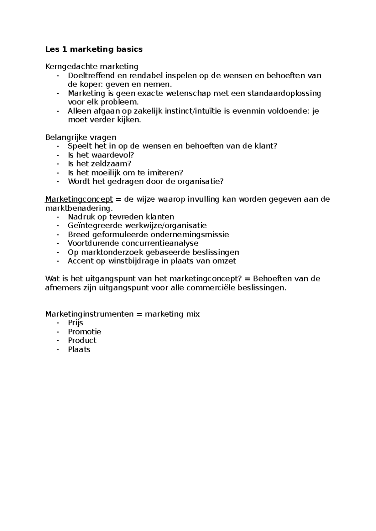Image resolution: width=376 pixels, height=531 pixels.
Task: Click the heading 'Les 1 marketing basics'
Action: (x=94, y=49)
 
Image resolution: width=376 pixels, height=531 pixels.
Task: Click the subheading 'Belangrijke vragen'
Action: (x=81, y=137)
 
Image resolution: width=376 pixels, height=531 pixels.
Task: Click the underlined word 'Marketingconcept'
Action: (x=79, y=199)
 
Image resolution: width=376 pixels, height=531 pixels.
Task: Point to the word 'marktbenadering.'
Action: (x=79, y=208)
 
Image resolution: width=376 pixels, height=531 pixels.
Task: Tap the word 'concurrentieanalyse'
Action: (x=160, y=243)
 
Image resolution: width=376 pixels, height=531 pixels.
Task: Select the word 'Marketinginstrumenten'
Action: (x=89, y=314)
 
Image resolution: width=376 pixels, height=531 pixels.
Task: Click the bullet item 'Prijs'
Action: (x=76, y=323)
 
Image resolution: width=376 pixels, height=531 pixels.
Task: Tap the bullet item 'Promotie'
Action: (x=85, y=332)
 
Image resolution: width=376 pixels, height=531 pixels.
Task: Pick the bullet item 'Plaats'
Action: (x=79, y=349)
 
